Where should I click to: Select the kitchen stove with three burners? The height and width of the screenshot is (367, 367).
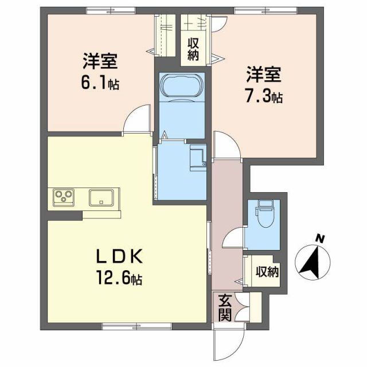(x=63, y=198)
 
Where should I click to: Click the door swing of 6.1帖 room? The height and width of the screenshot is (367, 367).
(x=136, y=120)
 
